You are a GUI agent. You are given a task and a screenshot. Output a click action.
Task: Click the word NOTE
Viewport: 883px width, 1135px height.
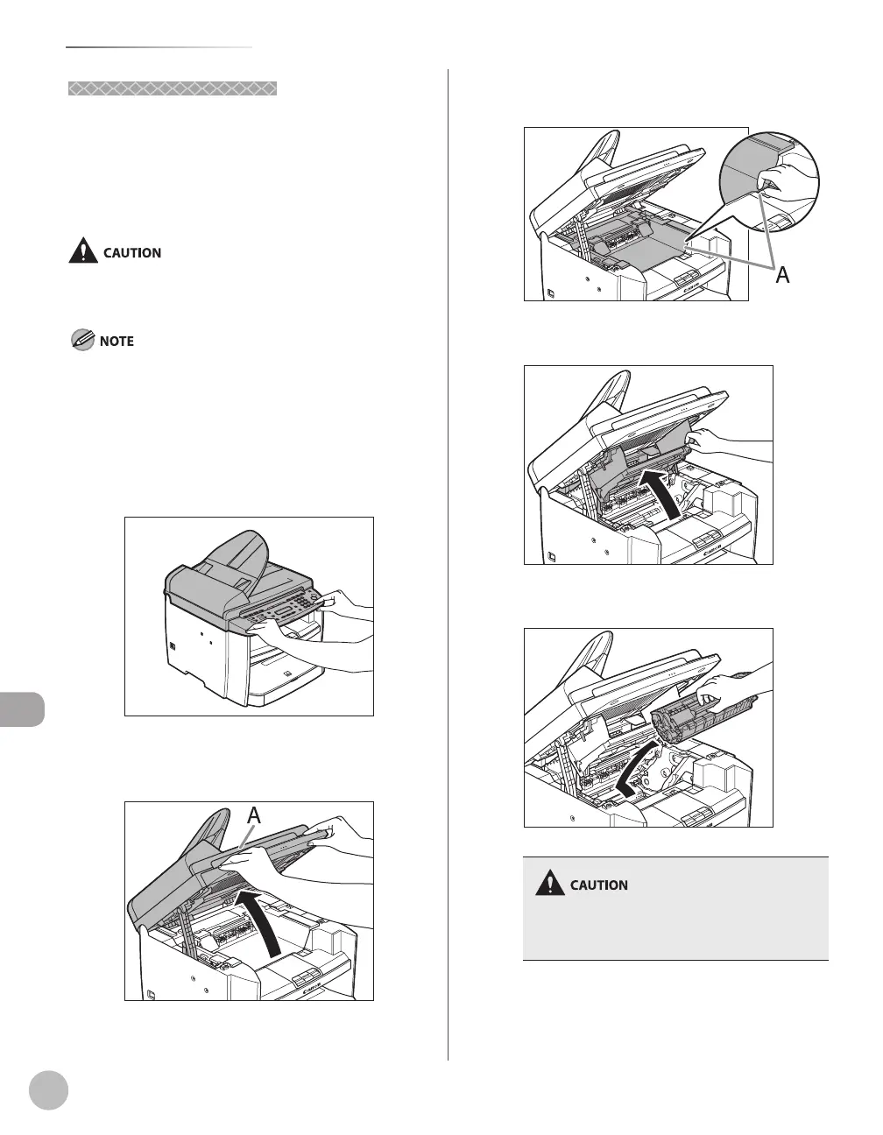117,341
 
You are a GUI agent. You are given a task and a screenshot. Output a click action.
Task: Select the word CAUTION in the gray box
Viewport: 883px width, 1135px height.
599,885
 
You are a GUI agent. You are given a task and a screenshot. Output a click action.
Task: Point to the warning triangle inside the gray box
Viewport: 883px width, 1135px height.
550,884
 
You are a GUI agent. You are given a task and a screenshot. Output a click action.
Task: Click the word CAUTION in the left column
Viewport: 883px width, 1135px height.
132,252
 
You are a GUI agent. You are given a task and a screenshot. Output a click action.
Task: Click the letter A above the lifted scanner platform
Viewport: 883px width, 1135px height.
253,815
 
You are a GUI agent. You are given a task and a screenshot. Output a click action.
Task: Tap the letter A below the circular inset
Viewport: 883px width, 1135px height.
782,275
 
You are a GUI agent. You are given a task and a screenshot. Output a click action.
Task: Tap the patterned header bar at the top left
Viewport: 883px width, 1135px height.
173,88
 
